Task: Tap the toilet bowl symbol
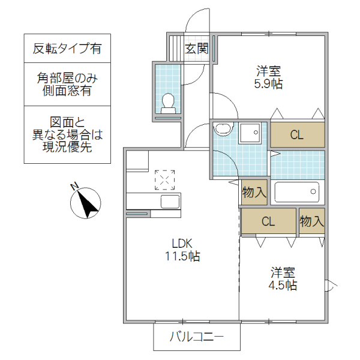click(167, 103)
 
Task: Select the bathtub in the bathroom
click(297, 193)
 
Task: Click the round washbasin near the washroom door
click(223, 128)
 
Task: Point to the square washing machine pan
click(250, 133)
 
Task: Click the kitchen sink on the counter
click(169, 201)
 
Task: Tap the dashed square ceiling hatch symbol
click(165, 179)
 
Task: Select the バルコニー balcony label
click(196, 337)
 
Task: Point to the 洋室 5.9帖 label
click(268, 77)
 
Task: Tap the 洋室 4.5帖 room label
click(282, 278)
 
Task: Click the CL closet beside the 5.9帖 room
click(297, 134)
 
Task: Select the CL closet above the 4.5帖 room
click(268, 221)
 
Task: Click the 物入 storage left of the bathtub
click(254, 193)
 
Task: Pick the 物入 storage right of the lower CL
click(312, 221)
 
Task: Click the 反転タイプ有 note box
click(67, 48)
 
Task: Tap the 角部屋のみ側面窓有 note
click(67, 84)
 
